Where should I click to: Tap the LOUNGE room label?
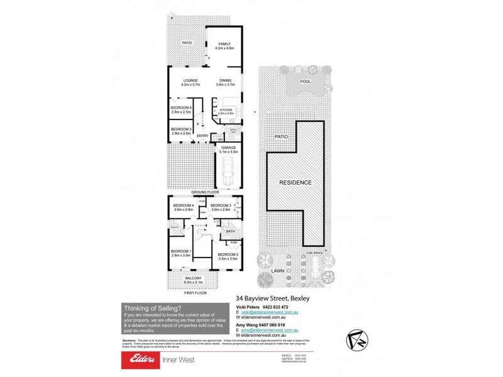(x=191, y=80)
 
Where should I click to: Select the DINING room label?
(x=225, y=80)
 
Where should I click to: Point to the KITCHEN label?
(x=226, y=110)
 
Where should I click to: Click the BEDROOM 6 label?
(x=181, y=108)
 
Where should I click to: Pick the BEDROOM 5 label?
(x=181, y=129)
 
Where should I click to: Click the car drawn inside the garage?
(x=228, y=170)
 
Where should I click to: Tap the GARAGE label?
(x=228, y=148)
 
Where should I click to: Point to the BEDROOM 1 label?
(x=181, y=251)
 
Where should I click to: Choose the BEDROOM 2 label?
(x=228, y=254)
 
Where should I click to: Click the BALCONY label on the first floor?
(x=192, y=278)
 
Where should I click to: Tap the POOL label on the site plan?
(x=306, y=82)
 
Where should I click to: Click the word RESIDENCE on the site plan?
(x=295, y=182)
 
